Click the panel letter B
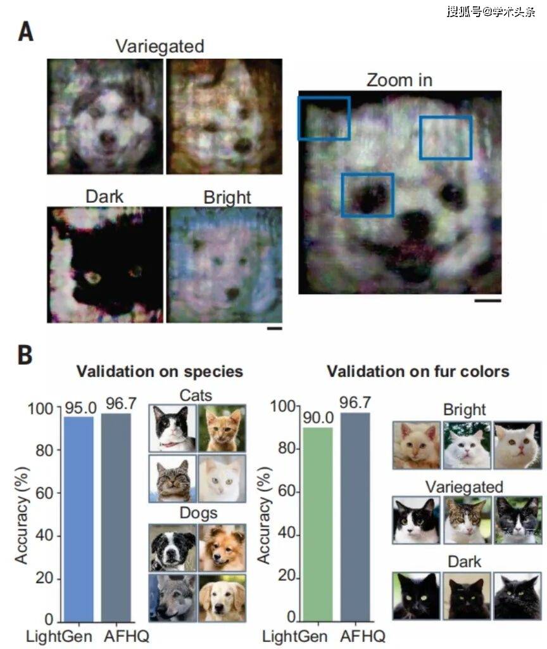tap(25, 356)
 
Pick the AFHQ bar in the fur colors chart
tap(356, 517)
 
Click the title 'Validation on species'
tap(160, 371)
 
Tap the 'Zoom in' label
tap(399, 80)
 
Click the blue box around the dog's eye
tap(367, 195)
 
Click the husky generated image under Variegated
tap(104, 116)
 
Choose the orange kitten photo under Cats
tap(222, 428)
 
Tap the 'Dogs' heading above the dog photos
tap(196, 511)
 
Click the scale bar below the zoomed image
tap(487, 300)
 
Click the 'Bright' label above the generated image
tap(227, 198)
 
